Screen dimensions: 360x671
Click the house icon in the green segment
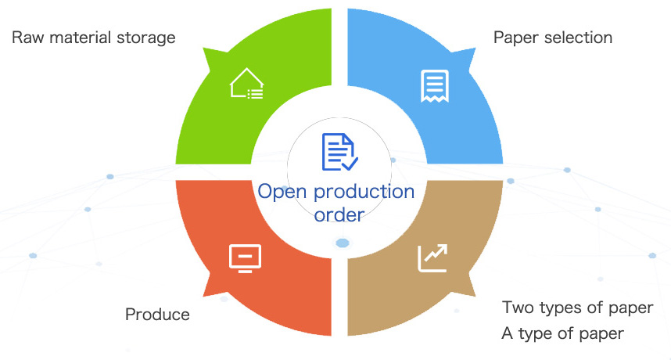coord(246,84)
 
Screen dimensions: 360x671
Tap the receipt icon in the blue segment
coord(434,85)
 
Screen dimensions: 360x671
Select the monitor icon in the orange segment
coord(244,257)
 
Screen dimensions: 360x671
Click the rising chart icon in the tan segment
coord(432,257)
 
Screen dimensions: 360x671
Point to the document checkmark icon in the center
coord(339,152)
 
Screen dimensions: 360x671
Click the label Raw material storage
coord(93,37)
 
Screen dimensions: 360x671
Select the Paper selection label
coord(552,37)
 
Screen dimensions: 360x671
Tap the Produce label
coord(157,315)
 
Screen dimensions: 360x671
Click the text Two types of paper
coord(577,308)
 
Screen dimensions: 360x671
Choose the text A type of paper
coord(562,334)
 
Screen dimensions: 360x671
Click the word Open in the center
coord(279,192)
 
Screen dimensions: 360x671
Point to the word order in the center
coord(339,214)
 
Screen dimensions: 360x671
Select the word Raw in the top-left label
coord(27,37)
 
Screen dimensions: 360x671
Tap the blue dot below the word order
coord(343,243)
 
